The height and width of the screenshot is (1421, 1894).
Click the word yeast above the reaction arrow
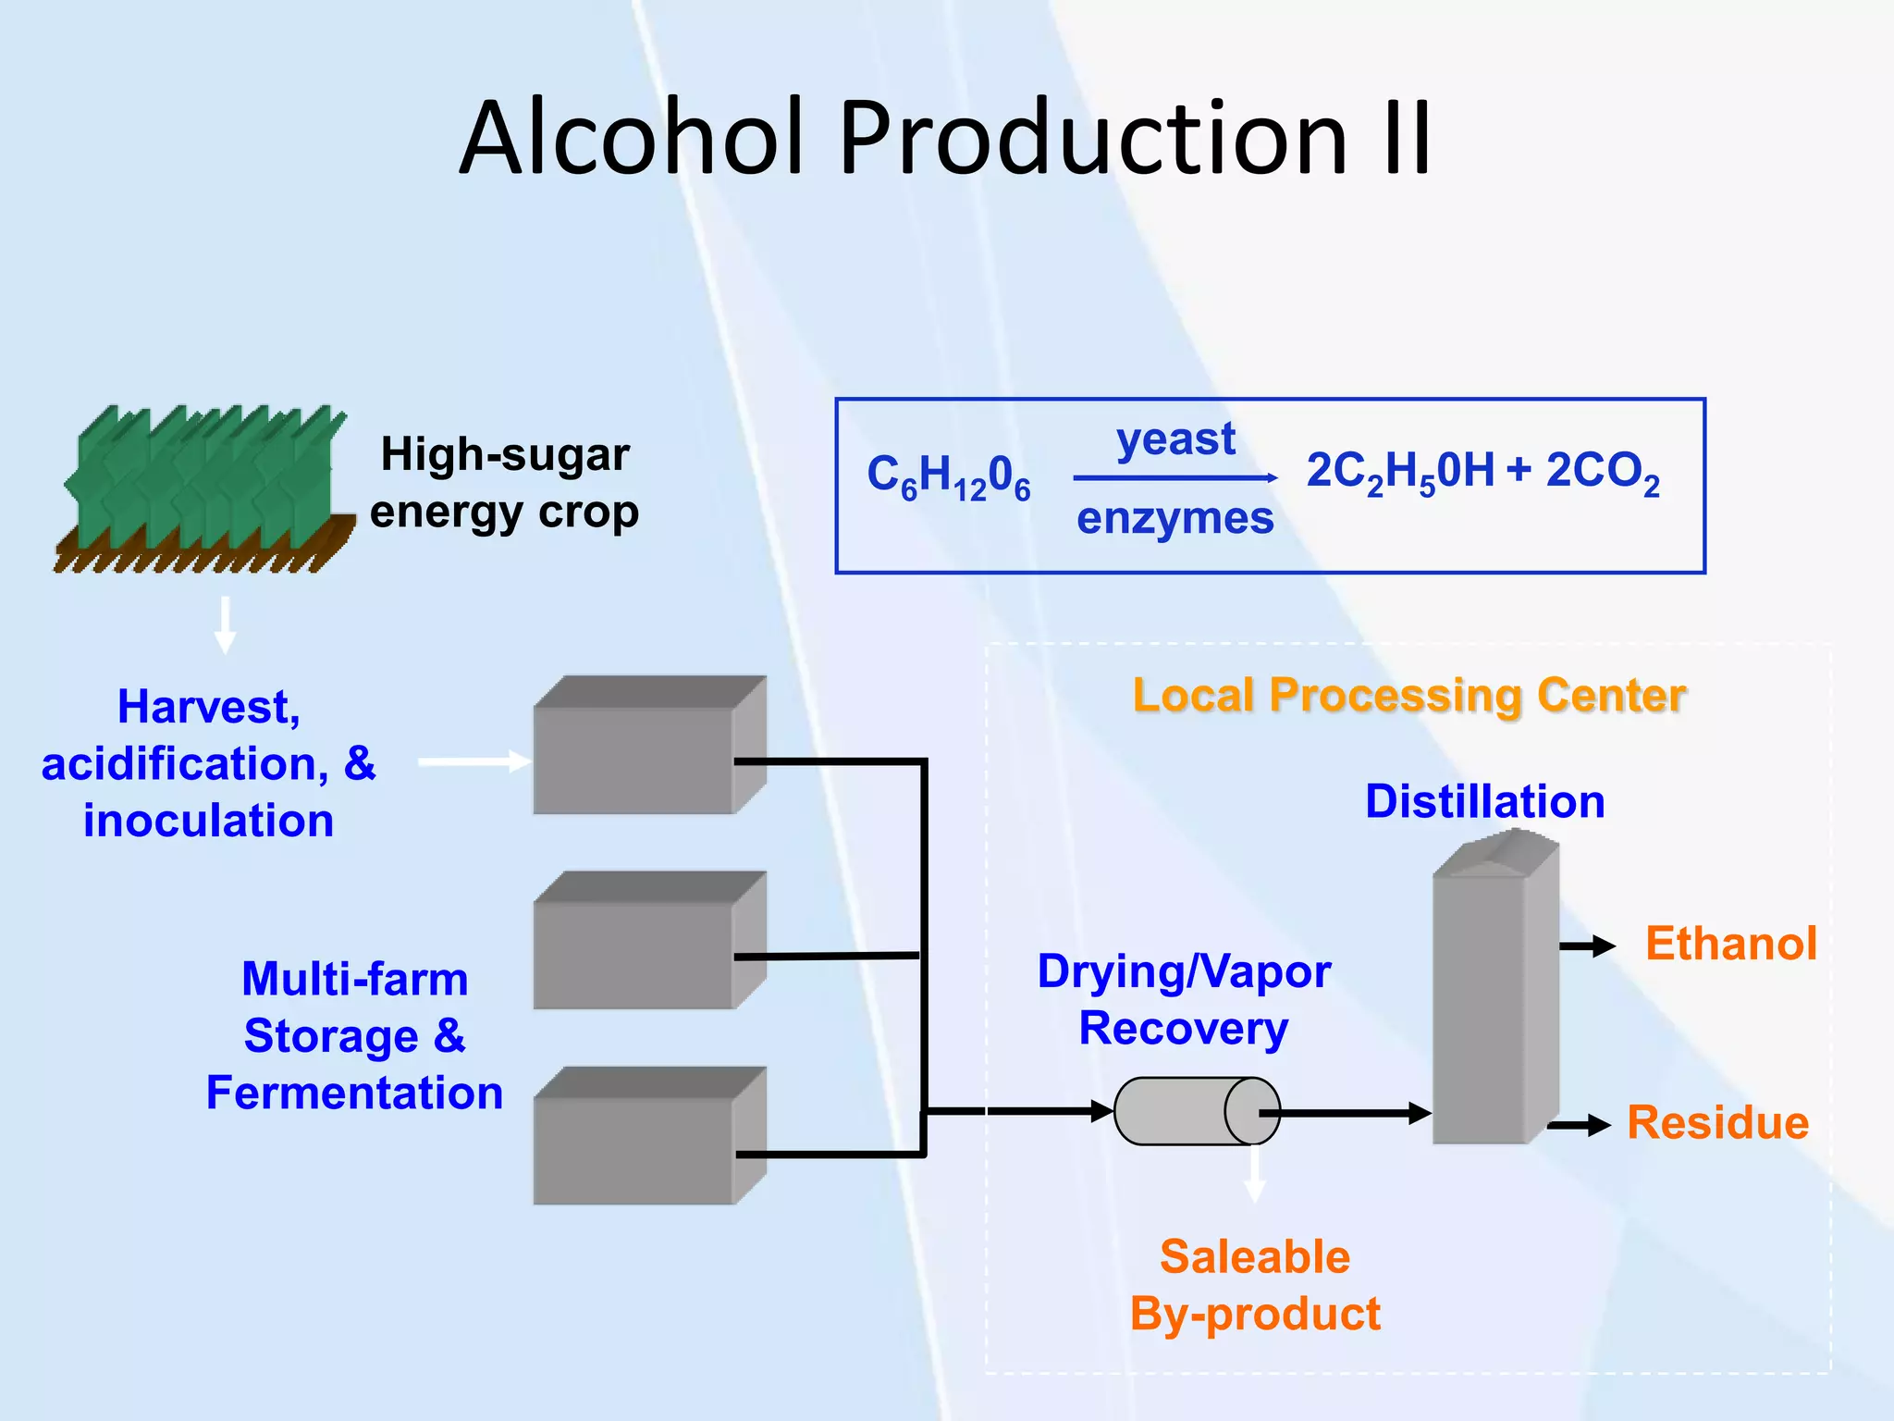pos(1175,439)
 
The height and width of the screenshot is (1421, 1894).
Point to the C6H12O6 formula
pos(949,476)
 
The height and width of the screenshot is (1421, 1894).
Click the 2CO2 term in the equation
pos(1603,472)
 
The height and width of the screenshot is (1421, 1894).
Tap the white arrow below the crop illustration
pos(225,625)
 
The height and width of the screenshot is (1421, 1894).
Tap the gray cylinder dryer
pos(1196,1111)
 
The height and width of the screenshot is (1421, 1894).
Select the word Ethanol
pos(1730,945)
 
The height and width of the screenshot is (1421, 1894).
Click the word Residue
pos(1717,1123)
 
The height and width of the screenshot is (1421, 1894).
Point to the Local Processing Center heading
pos(1409,696)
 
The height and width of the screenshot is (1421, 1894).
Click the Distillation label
pos(1484,801)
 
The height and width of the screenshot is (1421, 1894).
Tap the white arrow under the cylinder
pos(1254,1175)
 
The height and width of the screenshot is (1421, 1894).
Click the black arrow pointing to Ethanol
pos(1587,945)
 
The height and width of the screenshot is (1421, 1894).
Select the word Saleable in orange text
pos(1254,1257)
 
